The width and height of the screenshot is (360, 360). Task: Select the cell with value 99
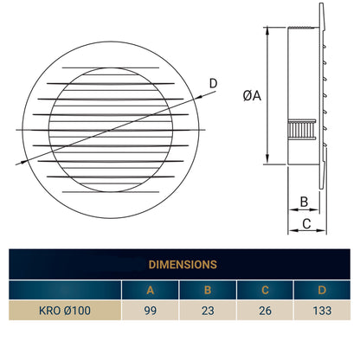coord(150,310)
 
